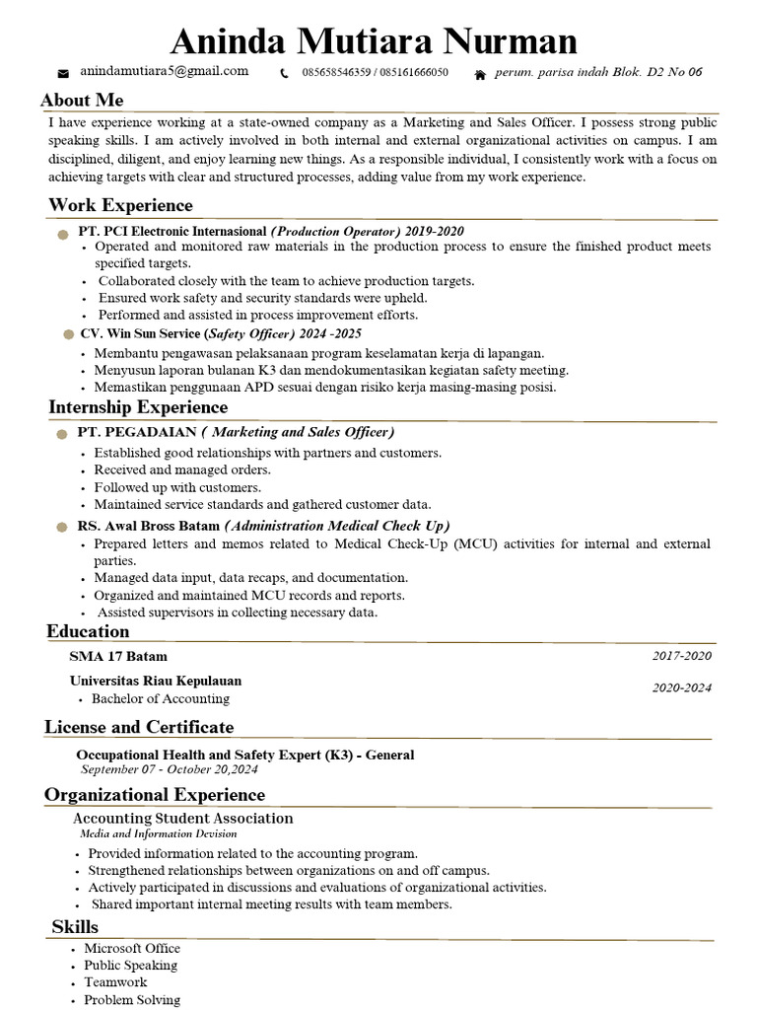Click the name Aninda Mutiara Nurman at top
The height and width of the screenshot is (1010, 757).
tap(374, 40)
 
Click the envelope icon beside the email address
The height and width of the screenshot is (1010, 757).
tap(64, 73)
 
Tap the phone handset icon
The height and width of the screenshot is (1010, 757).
tap(285, 73)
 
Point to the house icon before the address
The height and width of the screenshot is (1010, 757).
tap(480, 73)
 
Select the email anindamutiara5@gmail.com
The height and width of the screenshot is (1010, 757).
tap(164, 71)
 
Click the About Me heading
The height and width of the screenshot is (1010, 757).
tap(82, 100)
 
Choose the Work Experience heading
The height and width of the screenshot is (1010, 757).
tap(120, 205)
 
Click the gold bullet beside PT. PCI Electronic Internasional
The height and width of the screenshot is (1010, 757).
tap(64, 232)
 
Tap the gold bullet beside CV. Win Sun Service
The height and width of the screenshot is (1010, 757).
tap(68, 335)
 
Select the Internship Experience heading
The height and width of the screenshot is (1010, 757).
tap(138, 407)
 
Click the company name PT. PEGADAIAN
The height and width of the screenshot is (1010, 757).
tap(137, 432)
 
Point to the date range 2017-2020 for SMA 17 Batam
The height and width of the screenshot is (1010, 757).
tap(681, 656)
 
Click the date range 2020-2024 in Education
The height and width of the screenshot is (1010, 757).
tap(681, 688)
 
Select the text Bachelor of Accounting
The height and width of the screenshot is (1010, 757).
tap(160, 698)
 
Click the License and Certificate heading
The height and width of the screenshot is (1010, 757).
tap(139, 727)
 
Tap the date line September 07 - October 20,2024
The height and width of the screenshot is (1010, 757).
tap(169, 769)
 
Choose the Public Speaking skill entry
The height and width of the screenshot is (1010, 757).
tap(130, 966)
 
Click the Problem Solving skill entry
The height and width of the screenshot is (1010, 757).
tap(132, 1000)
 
